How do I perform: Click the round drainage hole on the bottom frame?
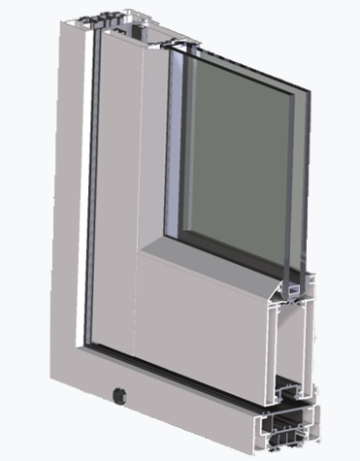[x=117, y=395]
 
